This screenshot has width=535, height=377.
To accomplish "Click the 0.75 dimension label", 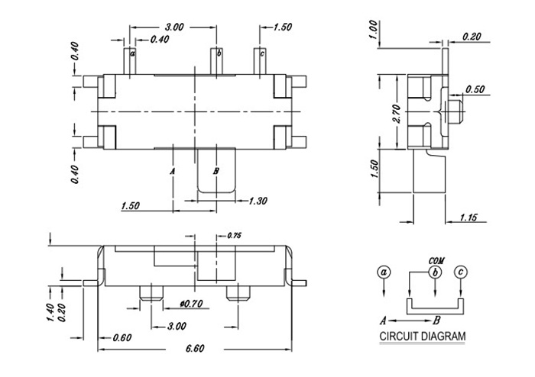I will coord(235,237).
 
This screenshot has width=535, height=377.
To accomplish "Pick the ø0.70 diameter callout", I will coord(188,303).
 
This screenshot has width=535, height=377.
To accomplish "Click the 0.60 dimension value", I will coord(121,337).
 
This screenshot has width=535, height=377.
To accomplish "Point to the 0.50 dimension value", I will coord(475,89).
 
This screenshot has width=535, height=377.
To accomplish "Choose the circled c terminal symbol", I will coord(460,272).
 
